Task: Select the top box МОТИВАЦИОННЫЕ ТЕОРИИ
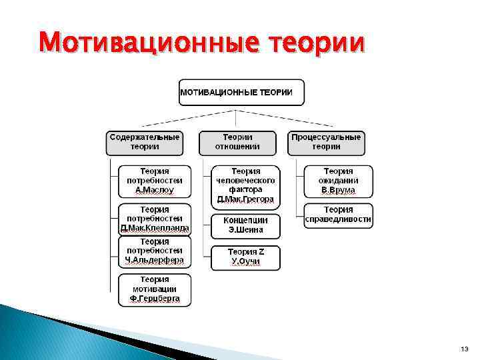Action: [241, 92]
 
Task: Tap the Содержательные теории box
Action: [144, 142]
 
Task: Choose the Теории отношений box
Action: [237, 142]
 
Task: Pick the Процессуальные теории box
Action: [327, 142]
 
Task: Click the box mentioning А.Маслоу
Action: [154, 181]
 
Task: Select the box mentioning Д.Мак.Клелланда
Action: [155, 219]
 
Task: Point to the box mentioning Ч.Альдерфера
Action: [155, 251]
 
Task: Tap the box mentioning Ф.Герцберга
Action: [155, 289]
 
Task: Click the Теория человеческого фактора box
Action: [246, 185]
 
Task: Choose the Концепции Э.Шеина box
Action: [246, 225]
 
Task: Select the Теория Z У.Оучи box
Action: [246, 257]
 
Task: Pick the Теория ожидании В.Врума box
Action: [338, 181]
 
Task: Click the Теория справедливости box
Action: [338, 215]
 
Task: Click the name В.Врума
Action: [338, 190]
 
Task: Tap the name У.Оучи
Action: [245, 262]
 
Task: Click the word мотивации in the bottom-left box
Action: [155, 289]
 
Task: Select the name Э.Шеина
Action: [246, 230]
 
